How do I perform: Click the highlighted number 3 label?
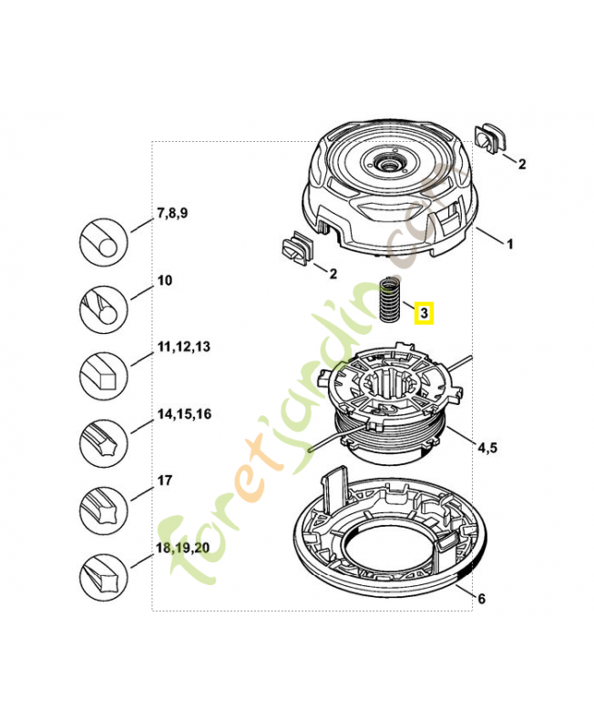coord(424,313)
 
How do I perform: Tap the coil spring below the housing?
coord(390,299)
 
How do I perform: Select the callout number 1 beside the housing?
coord(510,244)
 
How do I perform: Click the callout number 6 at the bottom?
coord(482,599)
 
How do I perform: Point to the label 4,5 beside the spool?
coord(487,448)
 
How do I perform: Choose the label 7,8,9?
coord(172,213)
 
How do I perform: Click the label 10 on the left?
coord(165,280)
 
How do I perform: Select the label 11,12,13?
coord(184,347)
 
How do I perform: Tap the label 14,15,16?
coord(185,414)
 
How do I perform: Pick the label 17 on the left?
coord(165,480)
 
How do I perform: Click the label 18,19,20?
coord(182,548)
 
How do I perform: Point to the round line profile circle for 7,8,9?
coord(104,242)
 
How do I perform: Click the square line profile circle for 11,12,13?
coord(104,376)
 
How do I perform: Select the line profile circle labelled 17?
coord(104,511)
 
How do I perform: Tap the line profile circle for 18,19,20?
coord(104,577)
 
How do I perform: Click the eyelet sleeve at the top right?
coord(489,137)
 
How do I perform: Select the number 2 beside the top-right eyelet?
coord(522,164)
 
